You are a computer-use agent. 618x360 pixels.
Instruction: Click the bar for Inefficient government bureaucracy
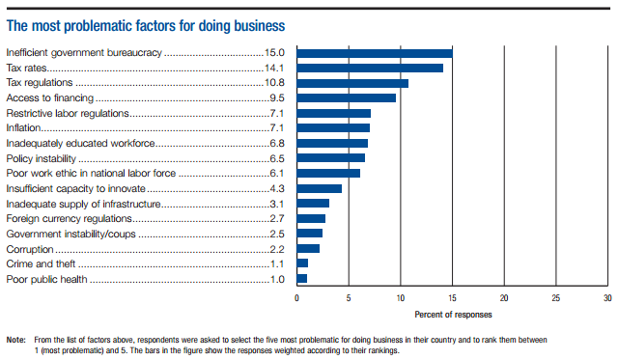coord(375,53)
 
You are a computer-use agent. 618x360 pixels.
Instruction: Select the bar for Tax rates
coord(370,68)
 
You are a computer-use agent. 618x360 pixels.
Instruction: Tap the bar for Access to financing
coord(346,97)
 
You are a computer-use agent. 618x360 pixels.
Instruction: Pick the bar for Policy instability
coord(330,157)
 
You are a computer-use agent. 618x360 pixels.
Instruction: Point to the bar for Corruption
coord(308,248)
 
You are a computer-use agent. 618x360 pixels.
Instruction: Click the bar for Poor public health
coord(301,278)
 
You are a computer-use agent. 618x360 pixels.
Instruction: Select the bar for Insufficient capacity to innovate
coord(319,188)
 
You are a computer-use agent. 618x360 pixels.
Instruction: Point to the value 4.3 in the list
coord(276,188)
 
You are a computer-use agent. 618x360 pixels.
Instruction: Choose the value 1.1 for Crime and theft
coord(276,263)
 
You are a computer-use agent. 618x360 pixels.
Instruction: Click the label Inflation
coord(23,128)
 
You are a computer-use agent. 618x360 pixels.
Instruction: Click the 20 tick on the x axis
coord(504,298)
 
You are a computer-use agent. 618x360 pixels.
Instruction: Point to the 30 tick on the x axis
coord(606,298)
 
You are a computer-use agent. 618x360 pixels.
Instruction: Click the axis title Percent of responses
coord(452,314)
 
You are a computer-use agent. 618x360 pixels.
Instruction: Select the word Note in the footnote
coord(15,340)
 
